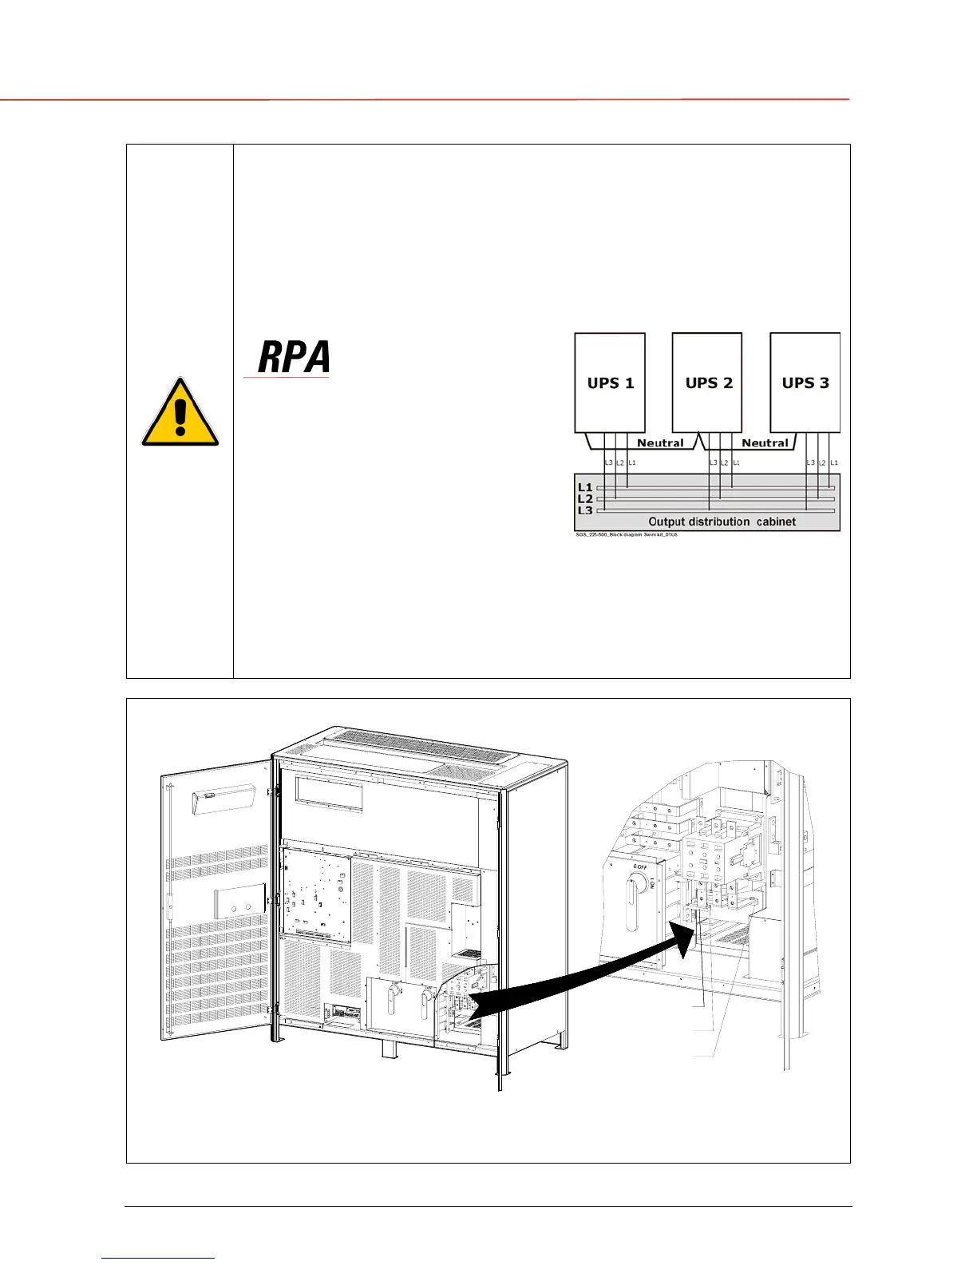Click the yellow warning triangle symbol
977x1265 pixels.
click(180, 414)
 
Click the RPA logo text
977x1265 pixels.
click(294, 358)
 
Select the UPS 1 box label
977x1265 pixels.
click(611, 383)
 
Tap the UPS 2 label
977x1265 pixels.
click(709, 383)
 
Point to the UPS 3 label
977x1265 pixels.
click(805, 383)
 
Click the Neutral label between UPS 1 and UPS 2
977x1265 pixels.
click(660, 443)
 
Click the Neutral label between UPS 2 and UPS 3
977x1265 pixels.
click(765, 443)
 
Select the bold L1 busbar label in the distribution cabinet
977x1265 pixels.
click(585, 487)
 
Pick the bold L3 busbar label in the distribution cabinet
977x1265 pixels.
click(585, 510)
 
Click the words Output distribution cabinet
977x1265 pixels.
click(722, 521)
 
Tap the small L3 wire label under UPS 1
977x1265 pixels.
click(608, 463)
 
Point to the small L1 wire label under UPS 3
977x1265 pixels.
click(834, 463)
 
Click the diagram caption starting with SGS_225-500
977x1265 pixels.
click(621, 534)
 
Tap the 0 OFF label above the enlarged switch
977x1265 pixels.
click(640, 866)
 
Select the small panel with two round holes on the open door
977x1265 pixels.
click(239, 902)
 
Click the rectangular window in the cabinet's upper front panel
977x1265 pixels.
click(329, 794)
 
